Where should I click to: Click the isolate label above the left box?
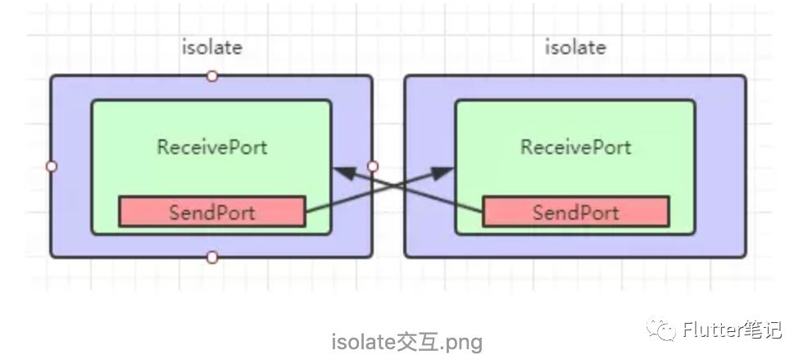coord(211,48)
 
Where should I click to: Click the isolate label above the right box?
coord(575,48)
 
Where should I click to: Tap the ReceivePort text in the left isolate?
coord(212,147)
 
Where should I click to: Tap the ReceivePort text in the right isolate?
coord(575,147)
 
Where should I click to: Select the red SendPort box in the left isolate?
coord(212,212)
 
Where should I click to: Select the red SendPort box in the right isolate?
coord(575,212)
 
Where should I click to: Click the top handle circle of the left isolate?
coord(211,76)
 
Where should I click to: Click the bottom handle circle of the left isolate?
coord(211,257)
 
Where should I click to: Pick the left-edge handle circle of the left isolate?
coord(51,166)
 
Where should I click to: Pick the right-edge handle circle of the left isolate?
coord(373,166)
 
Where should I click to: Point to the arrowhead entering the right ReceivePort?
coord(443,173)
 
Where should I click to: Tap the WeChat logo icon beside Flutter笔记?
coord(661,329)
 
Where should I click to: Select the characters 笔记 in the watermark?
coord(762,329)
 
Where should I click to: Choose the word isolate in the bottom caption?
coord(364,342)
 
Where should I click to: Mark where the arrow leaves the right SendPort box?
coord(483,212)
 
